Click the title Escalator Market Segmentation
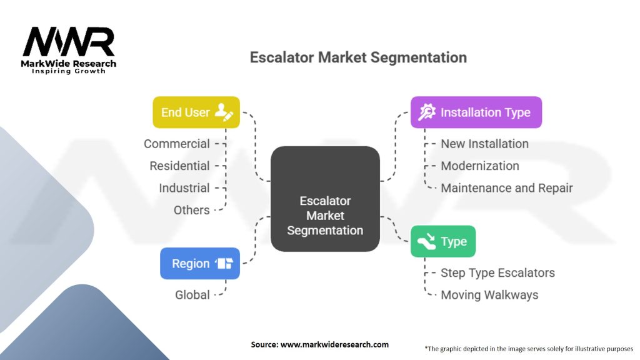(358, 57)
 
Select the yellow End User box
(196, 112)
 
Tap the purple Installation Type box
(476, 112)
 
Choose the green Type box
(442, 241)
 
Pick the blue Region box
(200, 263)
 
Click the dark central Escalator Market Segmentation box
(325, 199)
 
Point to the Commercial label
(177, 144)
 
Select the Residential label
(179, 166)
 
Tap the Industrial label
(184, 187)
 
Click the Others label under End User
(192, 210)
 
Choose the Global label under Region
(192, 294)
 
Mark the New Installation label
(484, 144)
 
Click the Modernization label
(480, 166)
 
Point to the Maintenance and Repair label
(506, 187)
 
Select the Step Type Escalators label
(497, 272)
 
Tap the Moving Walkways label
(489, 294)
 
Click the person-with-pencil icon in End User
(223, 112)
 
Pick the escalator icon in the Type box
(427, 241)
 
